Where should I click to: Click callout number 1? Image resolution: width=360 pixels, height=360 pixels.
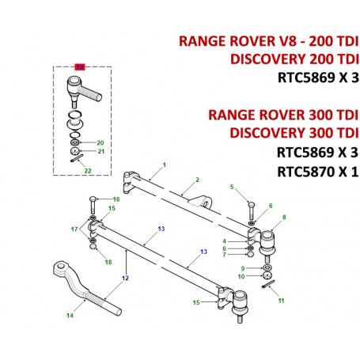pyautogui.click(x=165, y=165)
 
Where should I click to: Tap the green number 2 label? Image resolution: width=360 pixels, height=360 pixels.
pyautogui.click(x=197, y=180)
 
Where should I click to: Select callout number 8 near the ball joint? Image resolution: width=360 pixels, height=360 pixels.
pyautogui.click(x=284, y=218)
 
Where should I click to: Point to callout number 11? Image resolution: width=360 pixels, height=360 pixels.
pyautogui.click(x=281, y=301)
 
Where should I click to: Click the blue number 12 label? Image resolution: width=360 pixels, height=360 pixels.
pyautogui.click(x=125, y=278)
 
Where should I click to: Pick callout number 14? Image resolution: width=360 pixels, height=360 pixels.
pyautogui.click(x=70, y=316)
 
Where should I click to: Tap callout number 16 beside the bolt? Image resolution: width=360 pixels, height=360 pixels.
pyautogui.click(x=116, y=199)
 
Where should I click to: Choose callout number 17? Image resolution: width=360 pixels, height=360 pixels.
pyautogui.click(x=74, y=229)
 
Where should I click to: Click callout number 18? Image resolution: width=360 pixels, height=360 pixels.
pyautogui.click(x=108, y=262)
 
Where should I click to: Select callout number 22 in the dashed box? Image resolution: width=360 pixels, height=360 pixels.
pyautogui.click(x=88, y=171)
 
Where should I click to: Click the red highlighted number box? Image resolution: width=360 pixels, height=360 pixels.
pyautogui.click(x=80, y=67)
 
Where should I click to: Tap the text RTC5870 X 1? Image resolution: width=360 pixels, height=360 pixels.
pyautogui.click(x=318, y=172)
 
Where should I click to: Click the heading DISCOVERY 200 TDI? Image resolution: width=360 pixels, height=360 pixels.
pyautogui.click(x=294, y=59)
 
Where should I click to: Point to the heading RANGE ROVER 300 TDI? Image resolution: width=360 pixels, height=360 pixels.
pyautogui.click(x=283, y=115)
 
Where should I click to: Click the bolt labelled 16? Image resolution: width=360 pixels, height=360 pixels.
pyautogui.click(x=93, y=205)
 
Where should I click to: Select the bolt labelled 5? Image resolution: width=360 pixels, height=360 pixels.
pyautogui.click(x=252, y=211)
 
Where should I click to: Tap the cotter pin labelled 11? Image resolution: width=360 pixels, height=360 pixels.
pyautogui.click(x=269, y=284)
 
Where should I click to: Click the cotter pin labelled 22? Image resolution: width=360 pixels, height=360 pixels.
pyautogui.click(x=77, y=158)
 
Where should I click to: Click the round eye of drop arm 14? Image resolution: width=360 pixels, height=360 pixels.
pyautogui.click(x=61, y=266)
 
